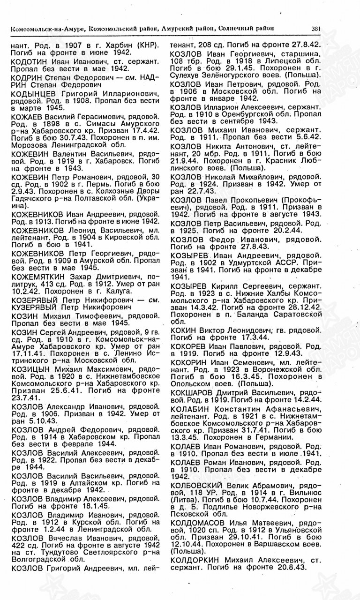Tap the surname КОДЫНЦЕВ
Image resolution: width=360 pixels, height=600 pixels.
[x=31, y=95]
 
